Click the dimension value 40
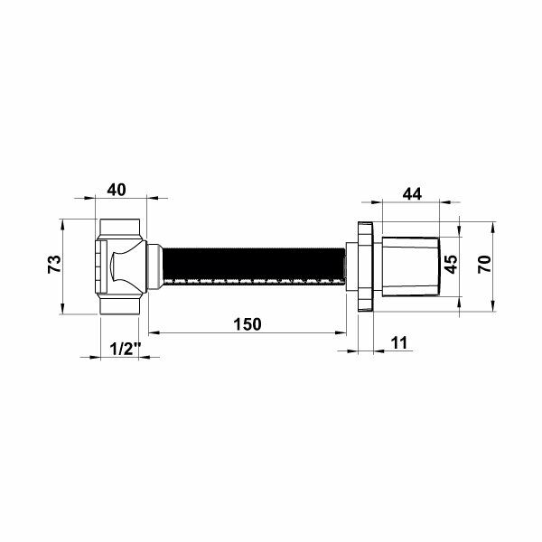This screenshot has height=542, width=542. [x=117, y=190]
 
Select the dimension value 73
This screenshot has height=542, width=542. [x=54, y=264]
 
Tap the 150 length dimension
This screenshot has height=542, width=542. [x=248, y=324]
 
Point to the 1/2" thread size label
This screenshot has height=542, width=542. [x=125, y=349]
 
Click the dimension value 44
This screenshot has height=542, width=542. [x=412, y=194]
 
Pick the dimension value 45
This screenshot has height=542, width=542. [x=451, y=264]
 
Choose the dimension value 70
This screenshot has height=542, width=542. [x=484, y=264]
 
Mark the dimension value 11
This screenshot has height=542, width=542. [x=399, y=343]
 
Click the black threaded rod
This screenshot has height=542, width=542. [x=254, y=266]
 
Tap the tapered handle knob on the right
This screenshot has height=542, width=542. [x=411, y=266]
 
